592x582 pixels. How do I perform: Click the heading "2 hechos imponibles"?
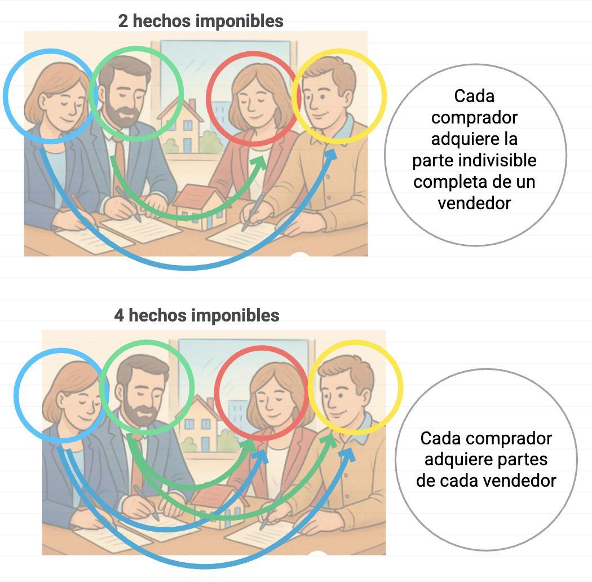point(201,21)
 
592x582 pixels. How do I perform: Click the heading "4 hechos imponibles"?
point(197,315)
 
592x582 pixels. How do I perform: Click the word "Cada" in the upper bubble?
point(474,96)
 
